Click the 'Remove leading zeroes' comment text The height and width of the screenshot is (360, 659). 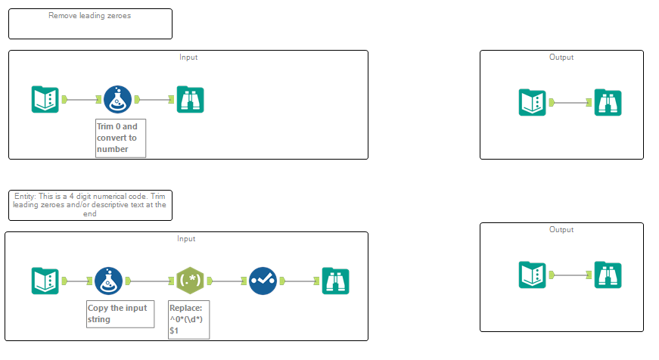coord(89,16)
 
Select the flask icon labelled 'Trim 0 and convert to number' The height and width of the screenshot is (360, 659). coord(117,99)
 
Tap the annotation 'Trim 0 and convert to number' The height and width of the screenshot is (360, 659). coord(120,138)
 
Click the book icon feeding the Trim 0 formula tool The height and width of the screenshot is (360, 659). coord(45,99)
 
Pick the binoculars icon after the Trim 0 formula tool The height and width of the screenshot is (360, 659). coord(190,99)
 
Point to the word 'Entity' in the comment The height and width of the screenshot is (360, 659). coord(25,197)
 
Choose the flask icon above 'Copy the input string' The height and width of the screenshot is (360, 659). coord(109,281)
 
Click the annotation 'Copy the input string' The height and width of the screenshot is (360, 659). coord(120,313)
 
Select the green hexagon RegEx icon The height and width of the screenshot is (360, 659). coord(190,281)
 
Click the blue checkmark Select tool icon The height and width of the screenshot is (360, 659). coord(263,281)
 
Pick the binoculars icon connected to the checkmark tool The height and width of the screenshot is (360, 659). coord(335,281)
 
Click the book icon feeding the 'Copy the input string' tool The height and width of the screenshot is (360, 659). coord(45,281)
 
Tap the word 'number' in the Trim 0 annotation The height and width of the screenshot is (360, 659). coord(113,149)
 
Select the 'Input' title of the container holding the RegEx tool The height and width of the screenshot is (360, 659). coord(186,239)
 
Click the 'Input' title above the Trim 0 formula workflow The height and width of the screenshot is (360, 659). coord(188,57)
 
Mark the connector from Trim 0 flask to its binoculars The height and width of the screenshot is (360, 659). coord(157,99)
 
